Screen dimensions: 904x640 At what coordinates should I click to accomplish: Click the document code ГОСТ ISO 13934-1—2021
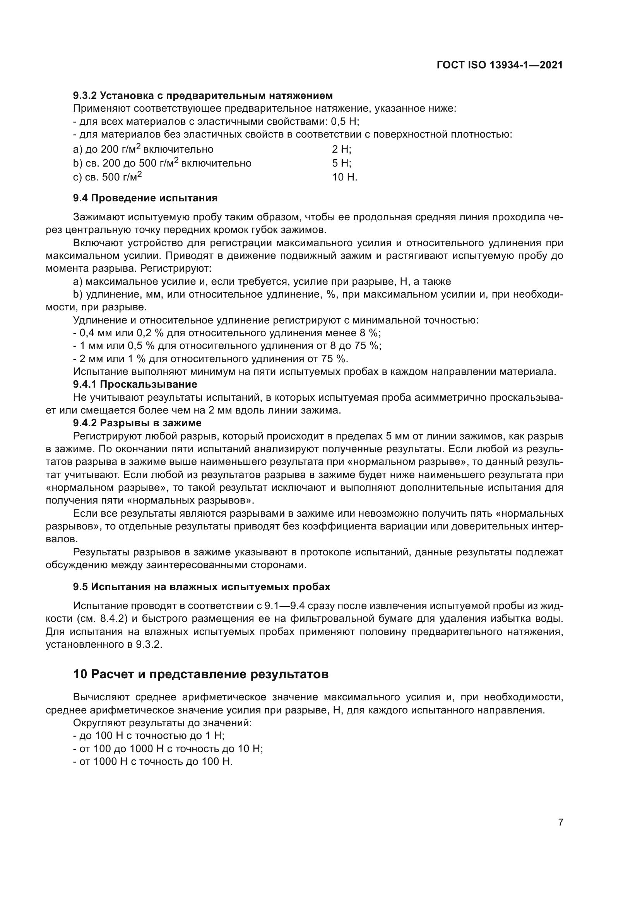pyautogui.click(x=499, y=65)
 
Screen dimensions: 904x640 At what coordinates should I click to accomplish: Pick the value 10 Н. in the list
pyautogui.click(x=344, y=177)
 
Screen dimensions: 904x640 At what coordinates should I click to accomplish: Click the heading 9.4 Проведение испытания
pyautogui.click(x=145, y=198)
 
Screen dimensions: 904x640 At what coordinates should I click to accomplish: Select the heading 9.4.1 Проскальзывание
pyautogui.click(x=135, y=384)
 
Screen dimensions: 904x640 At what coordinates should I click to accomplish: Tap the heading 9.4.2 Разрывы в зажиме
pyautogui.click(x=137, y=423)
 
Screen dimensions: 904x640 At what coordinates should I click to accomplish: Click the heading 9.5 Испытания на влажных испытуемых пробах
pyautogui.click(x=201, y=587)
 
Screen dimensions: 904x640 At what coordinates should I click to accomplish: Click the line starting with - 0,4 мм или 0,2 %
pyautogui.click(x=227, y=333)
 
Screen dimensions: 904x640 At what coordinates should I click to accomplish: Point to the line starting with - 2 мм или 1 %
pyautogui.click(x=211, y=359)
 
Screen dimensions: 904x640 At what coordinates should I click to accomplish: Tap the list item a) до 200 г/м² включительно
pyautogui.click(x=143, y=150)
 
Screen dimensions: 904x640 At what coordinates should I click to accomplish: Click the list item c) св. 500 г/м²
pyautogui.click(x=108, y=177)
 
